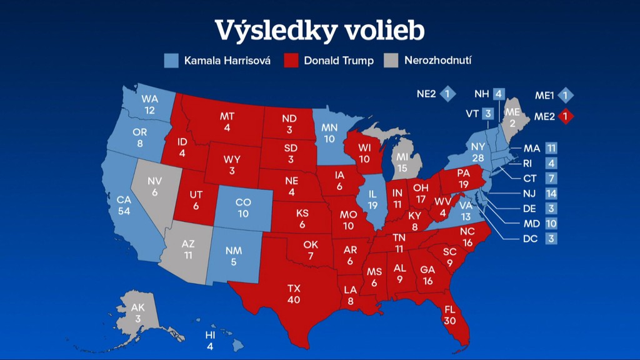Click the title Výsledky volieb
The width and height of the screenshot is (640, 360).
click(x=319, y=29)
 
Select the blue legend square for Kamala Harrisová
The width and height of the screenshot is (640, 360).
click(x=171, y=61)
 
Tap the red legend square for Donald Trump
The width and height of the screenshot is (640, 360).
click(x=291, y=61)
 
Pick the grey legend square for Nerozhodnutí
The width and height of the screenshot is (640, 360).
click(x=391, y=61)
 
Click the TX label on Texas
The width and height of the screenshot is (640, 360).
click(x=294, y=288)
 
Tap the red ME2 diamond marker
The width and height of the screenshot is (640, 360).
click(x=566, y=116)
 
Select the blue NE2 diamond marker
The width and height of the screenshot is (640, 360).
click(x=447, y=95)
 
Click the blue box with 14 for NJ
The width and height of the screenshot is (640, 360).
click(x=551, y=194)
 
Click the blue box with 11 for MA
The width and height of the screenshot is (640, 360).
click(x=551, y=148)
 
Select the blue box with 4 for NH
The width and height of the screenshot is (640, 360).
click(x=498, y=95)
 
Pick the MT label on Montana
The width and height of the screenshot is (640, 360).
click(x=227, y=116)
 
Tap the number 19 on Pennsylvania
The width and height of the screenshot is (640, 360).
click(x=464, y=184)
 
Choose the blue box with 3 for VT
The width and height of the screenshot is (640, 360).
click(x=489, y=114)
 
